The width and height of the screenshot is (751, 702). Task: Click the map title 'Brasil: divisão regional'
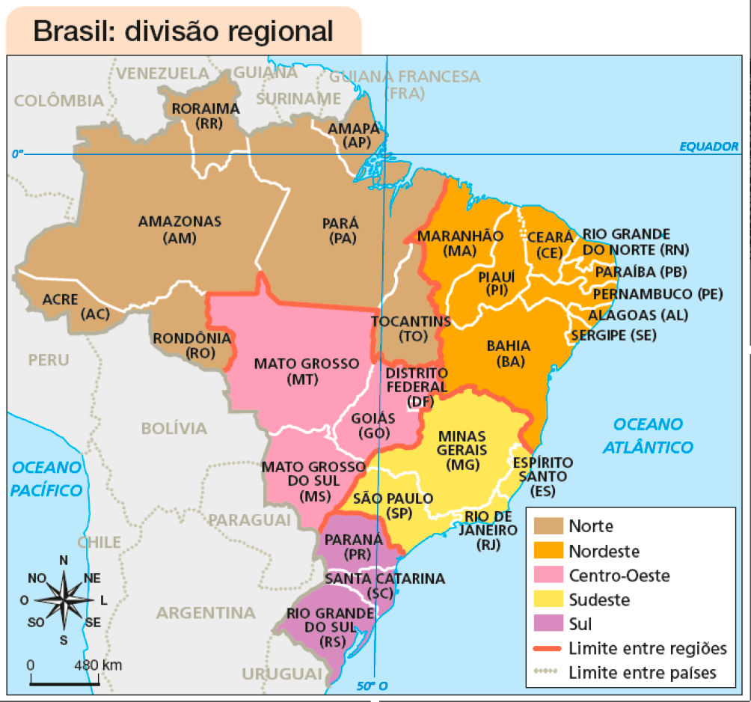point(183,31)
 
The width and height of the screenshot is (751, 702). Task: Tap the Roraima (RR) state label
point(206,116)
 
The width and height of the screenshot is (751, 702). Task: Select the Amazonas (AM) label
point(180,230)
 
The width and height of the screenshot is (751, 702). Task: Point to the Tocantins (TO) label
point(411,329)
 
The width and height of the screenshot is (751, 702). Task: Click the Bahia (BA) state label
point(508,353)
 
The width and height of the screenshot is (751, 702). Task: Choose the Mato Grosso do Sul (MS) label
point(309,480)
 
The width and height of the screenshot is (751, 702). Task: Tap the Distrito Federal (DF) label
point(417,388)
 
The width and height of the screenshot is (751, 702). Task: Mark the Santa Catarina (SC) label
point(384,585)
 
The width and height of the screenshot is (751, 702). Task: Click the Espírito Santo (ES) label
point(542,477)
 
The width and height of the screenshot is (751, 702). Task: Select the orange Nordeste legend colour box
point(549,551)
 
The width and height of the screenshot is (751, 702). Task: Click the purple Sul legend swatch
point(549,623)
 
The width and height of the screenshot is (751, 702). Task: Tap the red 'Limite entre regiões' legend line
point(549,648)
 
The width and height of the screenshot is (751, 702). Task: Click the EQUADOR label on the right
point(708,146)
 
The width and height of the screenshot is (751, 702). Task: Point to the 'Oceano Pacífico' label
point(46,479)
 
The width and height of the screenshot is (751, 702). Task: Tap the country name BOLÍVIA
point(174,429)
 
